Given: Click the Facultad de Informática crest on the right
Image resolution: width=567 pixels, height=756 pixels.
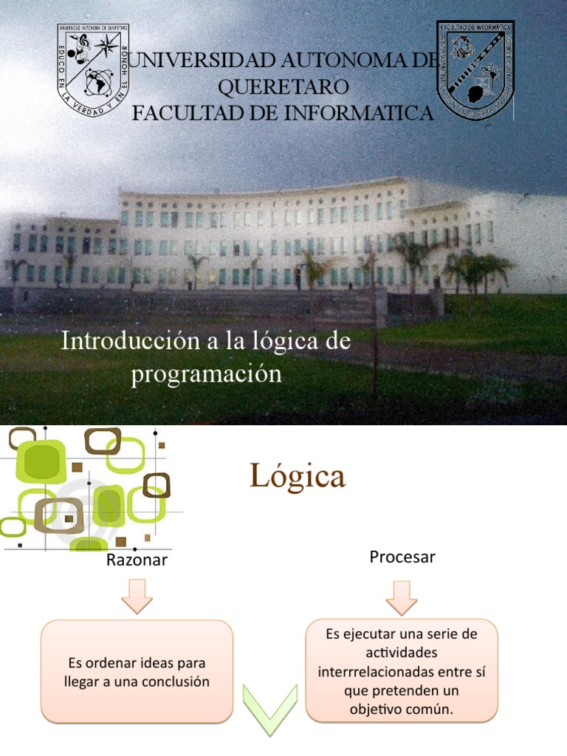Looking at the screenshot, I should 475,70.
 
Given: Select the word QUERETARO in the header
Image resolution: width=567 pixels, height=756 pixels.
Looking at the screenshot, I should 283,86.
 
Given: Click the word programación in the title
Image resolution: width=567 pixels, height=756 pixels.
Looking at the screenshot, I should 207,374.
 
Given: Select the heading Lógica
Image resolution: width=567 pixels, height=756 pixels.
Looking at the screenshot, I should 298,476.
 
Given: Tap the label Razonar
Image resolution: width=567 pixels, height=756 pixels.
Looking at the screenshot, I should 137,560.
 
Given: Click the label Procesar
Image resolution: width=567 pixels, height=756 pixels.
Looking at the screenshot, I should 402,557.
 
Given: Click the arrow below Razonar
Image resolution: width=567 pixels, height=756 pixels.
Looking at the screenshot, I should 137,596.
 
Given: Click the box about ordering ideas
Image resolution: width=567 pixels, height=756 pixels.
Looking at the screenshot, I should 137,672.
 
